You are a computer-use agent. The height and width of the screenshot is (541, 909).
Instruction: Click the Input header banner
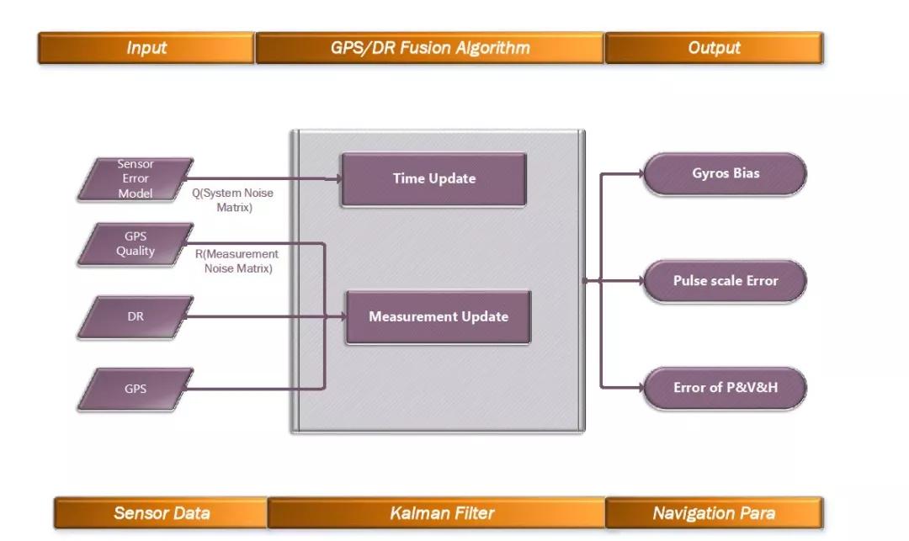click(146, 48)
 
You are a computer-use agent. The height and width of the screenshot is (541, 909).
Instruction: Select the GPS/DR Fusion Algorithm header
click(430, 48)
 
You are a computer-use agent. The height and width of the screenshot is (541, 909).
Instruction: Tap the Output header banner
click(714, 48)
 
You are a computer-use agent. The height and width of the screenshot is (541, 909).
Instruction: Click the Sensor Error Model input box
click(136, 178)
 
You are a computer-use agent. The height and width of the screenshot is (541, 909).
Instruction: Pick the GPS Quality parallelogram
click(136, 244)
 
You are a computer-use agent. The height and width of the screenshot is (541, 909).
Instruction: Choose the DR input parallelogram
click(136, 316)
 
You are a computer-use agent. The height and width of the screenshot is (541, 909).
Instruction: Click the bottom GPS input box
click(136, 389)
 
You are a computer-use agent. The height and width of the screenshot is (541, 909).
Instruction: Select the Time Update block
click(433, 178)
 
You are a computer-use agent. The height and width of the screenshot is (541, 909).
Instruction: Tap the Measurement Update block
click(438, 317)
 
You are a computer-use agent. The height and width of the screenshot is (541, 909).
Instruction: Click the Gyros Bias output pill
click(725, 173)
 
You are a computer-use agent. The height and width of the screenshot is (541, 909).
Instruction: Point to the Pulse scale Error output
click(725, 281)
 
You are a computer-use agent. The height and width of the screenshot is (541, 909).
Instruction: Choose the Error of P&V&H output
click(725, 388)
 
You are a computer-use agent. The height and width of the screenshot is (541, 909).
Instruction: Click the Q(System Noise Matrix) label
click(233, 200)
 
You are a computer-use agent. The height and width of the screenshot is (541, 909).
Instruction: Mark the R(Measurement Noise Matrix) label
click(237, 261)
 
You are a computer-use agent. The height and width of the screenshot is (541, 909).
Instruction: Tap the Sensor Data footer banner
click(162, 512)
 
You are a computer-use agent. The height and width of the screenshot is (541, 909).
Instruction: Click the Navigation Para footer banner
click(714, 512)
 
